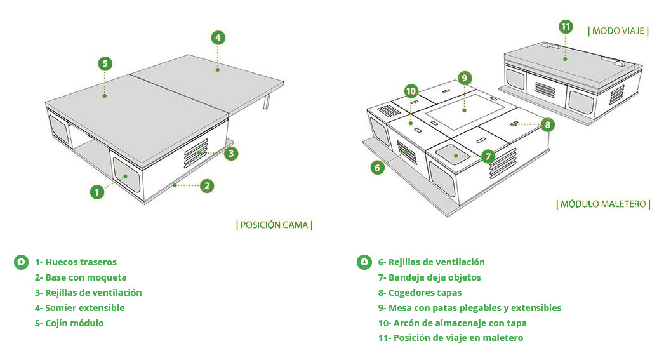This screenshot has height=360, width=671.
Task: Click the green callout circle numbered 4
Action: click(x=218, y=37)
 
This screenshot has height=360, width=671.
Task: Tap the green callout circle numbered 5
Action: click(x=105, y=63)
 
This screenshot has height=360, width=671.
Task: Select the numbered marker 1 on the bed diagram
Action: click(x=96, y=191)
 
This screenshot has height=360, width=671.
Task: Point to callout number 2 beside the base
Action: click(x=206, y=186)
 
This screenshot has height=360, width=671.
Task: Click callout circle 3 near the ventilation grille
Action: click(x=232, y=153)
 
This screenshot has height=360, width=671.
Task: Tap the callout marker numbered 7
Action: click(x=488, y=156)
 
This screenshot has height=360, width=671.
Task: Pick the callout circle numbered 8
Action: click(x=548, y=125)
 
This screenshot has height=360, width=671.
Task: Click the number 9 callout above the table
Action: click(x=464, y=78)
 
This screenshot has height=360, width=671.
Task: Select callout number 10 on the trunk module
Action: click(x=411, y=90)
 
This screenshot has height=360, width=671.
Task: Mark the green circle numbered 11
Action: click(x=566, y=27)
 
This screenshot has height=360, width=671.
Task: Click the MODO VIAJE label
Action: click(x=618, y=31)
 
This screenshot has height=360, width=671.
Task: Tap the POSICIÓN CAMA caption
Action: click(x=274, y=225)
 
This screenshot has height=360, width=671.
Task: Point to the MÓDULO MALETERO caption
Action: click(x=604, y=204)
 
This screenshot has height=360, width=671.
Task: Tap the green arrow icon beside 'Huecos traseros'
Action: click(x=21, y=262)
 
